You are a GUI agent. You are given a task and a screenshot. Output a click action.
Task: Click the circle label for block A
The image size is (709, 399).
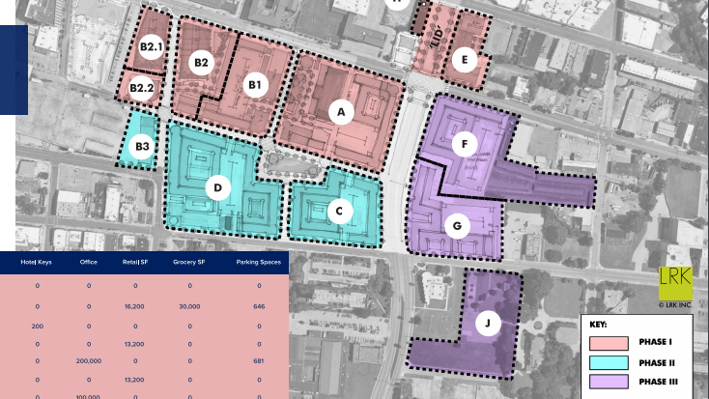pos(339,112)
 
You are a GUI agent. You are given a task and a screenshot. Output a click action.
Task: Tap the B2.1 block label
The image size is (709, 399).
pos(150,46)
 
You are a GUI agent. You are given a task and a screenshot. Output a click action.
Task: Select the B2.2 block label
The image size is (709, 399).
pos(142,89)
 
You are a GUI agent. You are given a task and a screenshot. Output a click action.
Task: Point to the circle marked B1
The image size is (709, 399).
pos(255,86)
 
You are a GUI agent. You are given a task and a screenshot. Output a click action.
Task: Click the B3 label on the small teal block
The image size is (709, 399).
pos(142,147)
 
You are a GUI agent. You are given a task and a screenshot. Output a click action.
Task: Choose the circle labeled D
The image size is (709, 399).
pos(219,187)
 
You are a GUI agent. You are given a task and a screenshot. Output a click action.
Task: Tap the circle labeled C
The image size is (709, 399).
pos(338,210)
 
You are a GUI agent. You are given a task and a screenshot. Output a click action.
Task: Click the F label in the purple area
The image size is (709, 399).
pos(466,145)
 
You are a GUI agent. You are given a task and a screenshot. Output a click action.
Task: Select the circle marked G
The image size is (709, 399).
pos(457,227)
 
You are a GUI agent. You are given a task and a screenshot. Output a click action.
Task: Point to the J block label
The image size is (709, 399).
pos(489,324)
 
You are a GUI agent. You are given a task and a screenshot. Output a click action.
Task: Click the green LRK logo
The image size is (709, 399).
pos(675,281)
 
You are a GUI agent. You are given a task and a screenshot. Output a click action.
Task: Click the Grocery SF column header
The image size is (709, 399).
pos(188,262)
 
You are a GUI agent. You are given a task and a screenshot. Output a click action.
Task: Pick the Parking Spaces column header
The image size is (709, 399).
pos(258,262)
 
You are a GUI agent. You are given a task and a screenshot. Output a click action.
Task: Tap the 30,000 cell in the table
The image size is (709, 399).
pos(188,305)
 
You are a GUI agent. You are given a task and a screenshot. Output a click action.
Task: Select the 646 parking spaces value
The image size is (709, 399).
pos(258,305)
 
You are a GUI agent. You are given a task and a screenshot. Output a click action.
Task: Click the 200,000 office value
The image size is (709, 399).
pos(89,361)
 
